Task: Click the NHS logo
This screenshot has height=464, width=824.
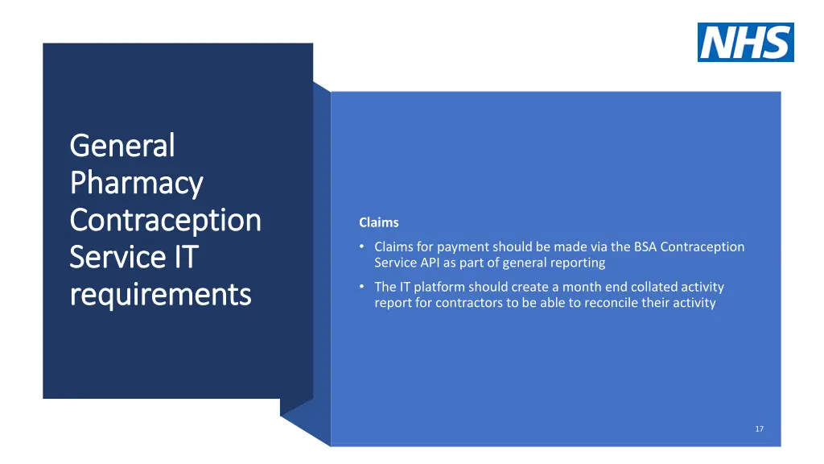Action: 745,42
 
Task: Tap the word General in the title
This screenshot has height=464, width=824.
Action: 122,146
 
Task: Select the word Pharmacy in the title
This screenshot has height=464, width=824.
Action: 136,184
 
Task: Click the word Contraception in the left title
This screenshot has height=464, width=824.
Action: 165,221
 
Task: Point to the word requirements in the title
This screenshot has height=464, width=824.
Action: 160,295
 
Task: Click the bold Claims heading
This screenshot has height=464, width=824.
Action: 378,222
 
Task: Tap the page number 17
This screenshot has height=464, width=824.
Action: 759,429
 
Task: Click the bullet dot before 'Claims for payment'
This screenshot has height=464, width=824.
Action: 363,246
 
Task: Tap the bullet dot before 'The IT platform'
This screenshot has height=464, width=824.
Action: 363,287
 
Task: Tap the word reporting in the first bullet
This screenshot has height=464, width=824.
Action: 576,263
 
